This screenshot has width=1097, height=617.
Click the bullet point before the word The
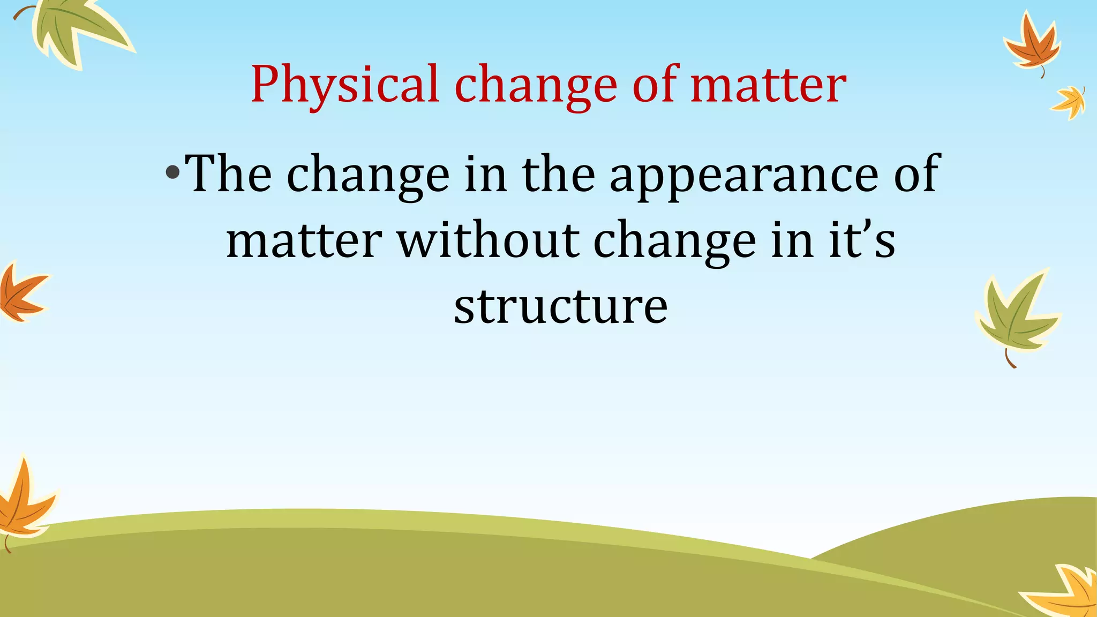pos(172,172)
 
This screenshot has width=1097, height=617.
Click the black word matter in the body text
pos(304,239)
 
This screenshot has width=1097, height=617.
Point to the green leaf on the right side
pos(1015,316)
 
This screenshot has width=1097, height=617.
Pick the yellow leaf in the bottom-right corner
pos(1066,592)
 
